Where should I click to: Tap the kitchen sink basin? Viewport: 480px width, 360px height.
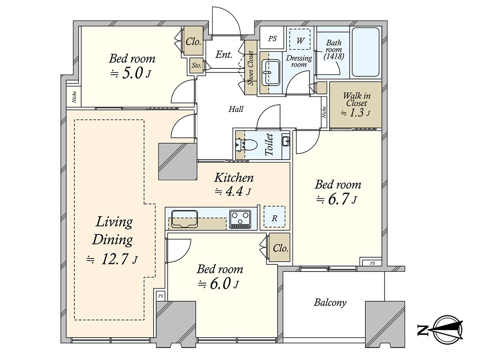pyautogui.click(x=184, y=219)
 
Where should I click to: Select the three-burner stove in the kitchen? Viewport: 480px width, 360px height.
pyautogui.click(x=240, y=219)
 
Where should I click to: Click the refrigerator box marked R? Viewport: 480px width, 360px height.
pyautogui.click(x=274, y=217)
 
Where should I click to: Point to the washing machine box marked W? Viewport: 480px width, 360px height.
pyautogui.click(x=300, y=40)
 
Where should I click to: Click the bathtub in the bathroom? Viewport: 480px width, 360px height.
pyautogui.click(x=366, y=52)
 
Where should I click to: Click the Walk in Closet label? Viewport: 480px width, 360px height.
pyautogui.click(x=356, y=99)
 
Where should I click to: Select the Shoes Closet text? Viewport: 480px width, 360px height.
pyautogui.click(x=251, y=68)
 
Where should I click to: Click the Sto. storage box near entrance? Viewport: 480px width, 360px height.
pyautogui.click(x=196, y=65)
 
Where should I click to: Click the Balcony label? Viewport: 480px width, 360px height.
pyautogui.click(x=330, y=303)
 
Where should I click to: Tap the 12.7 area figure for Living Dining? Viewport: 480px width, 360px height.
pyautogui.click(x=114, y=260)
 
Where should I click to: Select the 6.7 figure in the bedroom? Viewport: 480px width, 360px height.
pyautogui.click(x=338, y=199)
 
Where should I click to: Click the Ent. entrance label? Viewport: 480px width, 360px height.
pyautogui.click(x=224, y=54)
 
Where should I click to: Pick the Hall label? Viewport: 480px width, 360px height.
pyautogui.click(x=236, y=109)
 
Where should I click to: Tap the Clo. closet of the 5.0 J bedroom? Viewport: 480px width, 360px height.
pyautogui.click(x=193, y=41)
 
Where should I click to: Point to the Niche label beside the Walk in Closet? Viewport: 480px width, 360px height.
pyautogui.click(x=324, y=112)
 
